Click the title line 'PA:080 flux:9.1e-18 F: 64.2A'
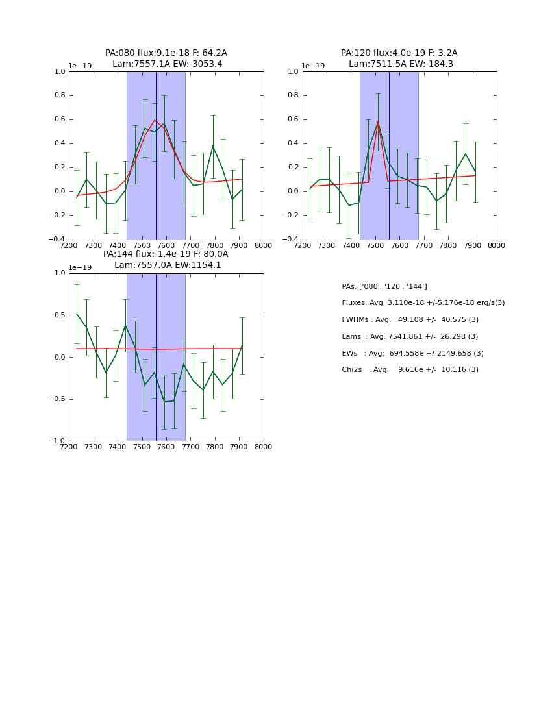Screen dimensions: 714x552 [166, 53]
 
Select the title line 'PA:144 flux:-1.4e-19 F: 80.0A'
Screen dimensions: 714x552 [166, 254]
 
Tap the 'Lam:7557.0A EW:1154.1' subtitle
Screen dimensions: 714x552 [168, 265]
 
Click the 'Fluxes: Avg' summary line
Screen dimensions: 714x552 [423, 303]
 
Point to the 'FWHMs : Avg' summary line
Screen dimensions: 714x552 [410, 320]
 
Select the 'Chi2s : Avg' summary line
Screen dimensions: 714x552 [410, 370]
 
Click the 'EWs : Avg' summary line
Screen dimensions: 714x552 [412, 354]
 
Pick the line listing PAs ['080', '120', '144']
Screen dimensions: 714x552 [384, 286]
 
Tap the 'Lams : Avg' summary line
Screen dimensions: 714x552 [410, 337]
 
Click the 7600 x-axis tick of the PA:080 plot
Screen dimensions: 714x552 [166, 245]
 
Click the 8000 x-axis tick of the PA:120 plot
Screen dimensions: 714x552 [497, 245]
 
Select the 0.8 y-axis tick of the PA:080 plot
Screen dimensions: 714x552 [60, 95]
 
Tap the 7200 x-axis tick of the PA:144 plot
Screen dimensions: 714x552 [69, 447]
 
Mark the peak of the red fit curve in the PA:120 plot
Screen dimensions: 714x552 [378, 121]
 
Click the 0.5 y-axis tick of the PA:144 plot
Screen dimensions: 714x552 [60, 315]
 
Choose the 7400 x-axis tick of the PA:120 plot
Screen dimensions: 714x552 [351, 245]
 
